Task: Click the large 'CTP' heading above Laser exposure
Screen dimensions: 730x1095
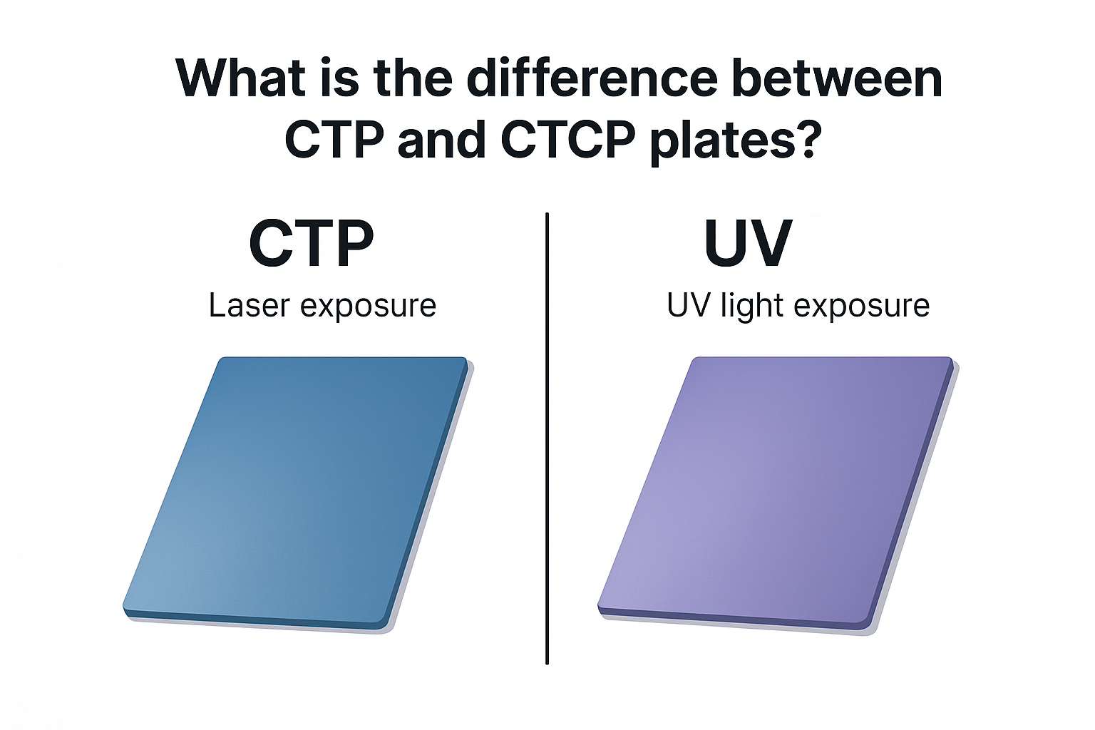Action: (x=312, y=243)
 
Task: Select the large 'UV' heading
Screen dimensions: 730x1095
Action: (x=747, y=243)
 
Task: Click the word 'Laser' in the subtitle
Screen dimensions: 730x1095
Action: (x=249, y=306)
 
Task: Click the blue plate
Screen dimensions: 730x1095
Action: (x=296, y=492)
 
